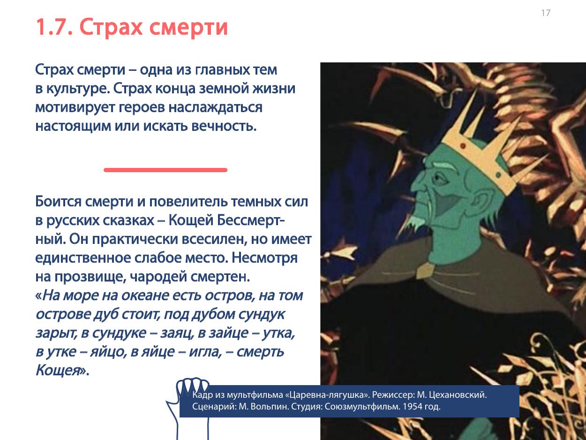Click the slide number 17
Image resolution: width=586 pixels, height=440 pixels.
point(546,13)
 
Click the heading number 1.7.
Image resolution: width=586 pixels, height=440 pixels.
point(54,27)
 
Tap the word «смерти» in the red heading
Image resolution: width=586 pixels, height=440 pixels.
point(188,28)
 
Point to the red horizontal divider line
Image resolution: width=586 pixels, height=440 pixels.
point(165,170)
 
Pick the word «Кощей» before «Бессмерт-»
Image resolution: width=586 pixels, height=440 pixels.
point(191,220)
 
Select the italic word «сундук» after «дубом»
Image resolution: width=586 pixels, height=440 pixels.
point(262,314)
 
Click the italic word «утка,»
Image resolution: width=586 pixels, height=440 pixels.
point(278,334)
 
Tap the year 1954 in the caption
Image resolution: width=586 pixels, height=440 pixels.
point(413,407)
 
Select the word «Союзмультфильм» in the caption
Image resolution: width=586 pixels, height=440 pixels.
point(362,407)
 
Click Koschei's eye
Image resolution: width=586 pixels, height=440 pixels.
point(440,178)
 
